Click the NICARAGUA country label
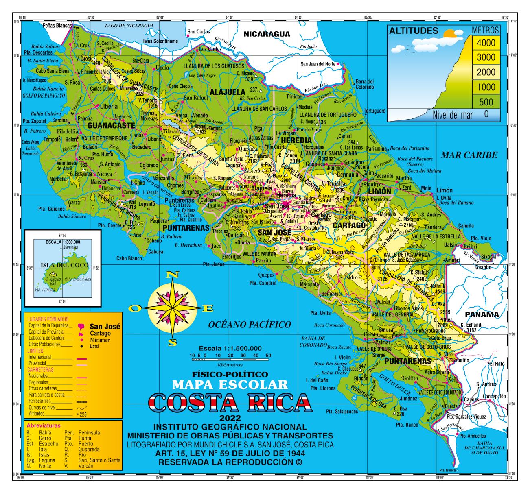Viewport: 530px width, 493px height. click(267, 34)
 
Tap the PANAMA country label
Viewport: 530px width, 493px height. click(482, 314)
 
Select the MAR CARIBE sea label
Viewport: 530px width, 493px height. click(469, 155)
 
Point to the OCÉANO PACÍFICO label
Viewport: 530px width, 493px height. click(250, 324)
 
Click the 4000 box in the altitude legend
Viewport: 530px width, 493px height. click(486, 43)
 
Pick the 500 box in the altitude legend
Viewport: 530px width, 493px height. click(486, 102)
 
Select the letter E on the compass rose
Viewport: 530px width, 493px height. click(208, 309)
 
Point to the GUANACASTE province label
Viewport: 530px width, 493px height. click(107, 125)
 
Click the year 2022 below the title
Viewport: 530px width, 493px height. click(230, 419)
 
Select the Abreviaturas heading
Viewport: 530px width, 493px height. click(43, 425)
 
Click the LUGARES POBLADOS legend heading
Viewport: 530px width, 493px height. click(47, 319)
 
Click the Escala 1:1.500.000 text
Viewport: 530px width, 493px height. click(230, 348)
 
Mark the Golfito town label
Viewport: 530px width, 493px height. click(409, 378)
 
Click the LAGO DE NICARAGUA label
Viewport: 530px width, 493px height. click(129, 26)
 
